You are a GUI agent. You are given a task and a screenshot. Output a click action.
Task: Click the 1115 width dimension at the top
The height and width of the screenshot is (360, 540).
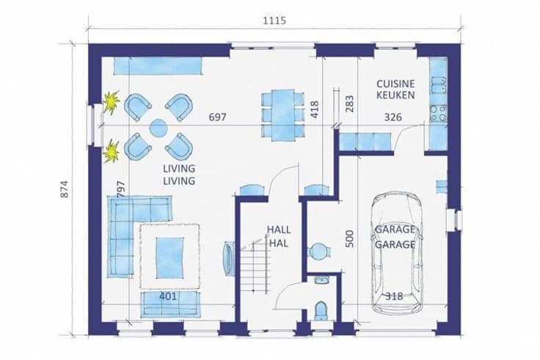coord(274,21)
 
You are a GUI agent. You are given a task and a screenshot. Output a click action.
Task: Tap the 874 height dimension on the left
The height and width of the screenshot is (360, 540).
coord(65,189)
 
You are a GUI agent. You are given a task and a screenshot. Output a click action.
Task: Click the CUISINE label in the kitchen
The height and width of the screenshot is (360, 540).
coord(395,84)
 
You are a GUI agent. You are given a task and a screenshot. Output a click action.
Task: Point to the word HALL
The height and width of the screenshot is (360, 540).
coord(279,229)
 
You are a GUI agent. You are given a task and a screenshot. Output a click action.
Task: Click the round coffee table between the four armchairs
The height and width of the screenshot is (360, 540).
coord(158,128)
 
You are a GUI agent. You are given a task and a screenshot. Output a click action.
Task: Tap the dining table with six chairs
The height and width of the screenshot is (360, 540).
coord(282,115)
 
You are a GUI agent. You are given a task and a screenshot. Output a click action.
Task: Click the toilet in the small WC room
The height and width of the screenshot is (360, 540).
coord(321,310)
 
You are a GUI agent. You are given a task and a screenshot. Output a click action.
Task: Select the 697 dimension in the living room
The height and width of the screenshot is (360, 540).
coord(218,117)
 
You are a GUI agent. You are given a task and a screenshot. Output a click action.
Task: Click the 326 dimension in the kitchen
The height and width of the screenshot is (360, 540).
coord(393,117)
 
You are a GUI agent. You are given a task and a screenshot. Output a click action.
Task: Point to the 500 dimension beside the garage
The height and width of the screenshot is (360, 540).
coord(349,238)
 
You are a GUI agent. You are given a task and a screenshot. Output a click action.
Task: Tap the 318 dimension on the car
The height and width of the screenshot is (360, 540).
coord(394,296)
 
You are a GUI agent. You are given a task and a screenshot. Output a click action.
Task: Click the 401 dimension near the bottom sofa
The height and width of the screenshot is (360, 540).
coord(168,295)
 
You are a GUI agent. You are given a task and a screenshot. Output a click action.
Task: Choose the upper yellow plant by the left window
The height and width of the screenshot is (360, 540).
coord(112,102)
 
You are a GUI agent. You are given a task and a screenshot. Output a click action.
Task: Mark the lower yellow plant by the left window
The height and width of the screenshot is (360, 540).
coord(112,151)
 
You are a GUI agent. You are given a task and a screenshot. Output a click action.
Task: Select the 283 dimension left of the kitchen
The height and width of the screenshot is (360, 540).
coord(349,103)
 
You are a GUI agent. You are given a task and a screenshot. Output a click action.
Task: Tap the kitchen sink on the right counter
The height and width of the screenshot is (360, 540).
coord(439,85)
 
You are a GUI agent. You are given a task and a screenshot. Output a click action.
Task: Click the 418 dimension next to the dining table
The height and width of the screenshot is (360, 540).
coord(315,109)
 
